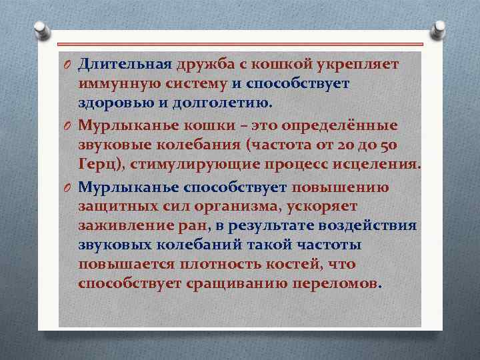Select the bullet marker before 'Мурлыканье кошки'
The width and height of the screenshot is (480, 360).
point(67,126)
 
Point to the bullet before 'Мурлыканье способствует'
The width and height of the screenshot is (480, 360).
point(67,188)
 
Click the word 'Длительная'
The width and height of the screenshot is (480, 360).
point(125,64)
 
